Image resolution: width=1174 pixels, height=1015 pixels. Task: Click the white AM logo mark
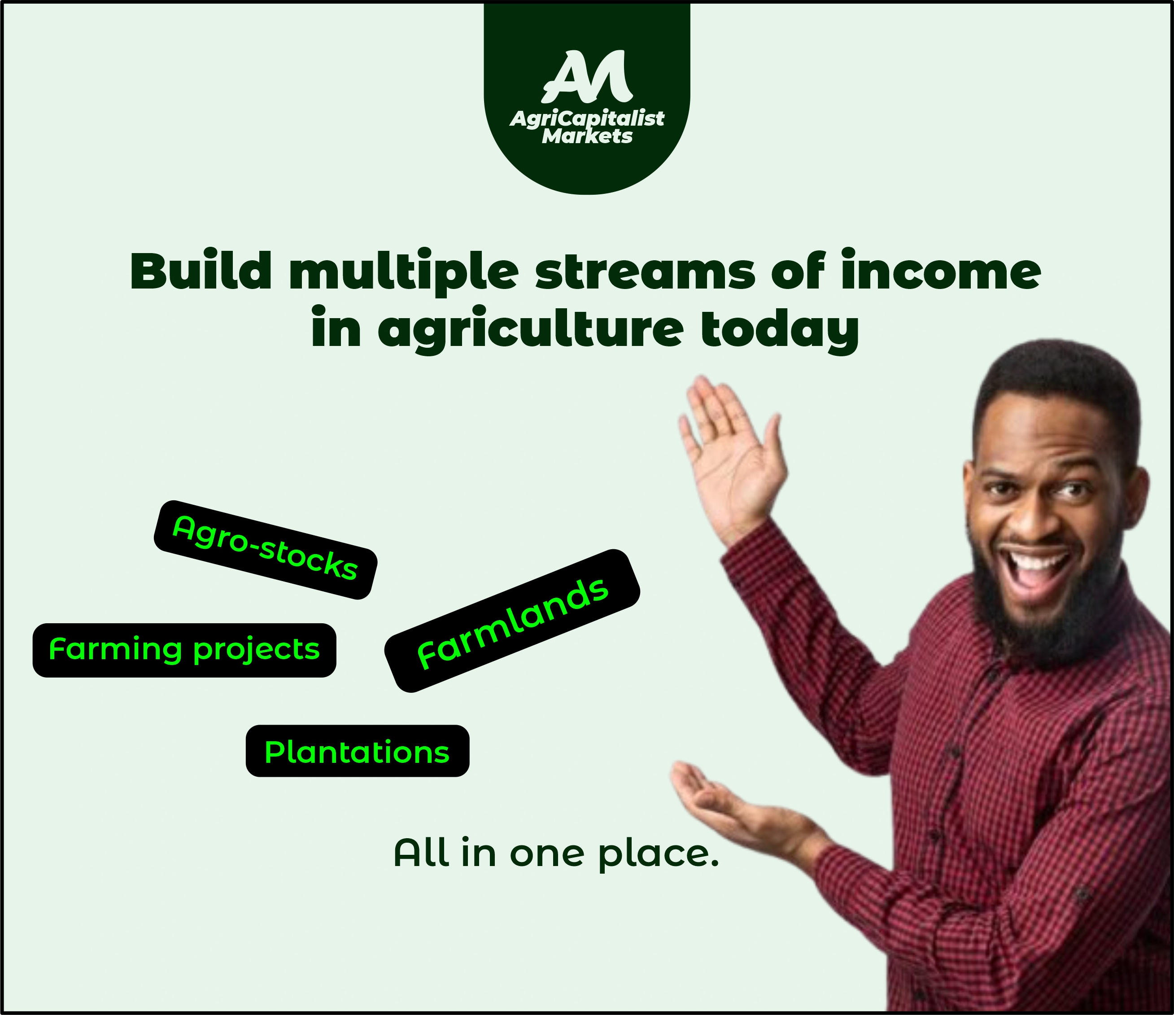click(x=587, y=75)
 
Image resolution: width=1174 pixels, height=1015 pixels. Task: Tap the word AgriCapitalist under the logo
click(x=587, y=118)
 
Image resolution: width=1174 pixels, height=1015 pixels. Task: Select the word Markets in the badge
click(x=587, y=136)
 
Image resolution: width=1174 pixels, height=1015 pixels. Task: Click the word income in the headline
click(x=941, y=271)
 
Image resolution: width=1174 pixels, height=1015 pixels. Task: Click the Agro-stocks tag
click(x=265, y=549)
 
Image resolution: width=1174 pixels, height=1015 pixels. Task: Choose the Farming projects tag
click(x=184, y=650)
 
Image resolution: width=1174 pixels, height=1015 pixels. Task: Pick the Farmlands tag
click(x=512, y=621)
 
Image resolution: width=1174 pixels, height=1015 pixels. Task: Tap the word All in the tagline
click(x=421, y=853)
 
